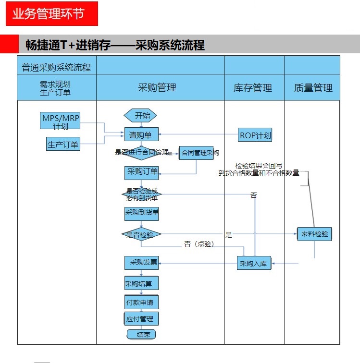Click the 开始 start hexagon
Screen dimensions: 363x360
pos(141,115)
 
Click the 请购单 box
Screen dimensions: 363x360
pos(141,135)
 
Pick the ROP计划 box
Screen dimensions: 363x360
pos(255,135)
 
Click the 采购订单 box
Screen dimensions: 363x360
pos(141,172)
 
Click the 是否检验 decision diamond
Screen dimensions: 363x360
pos(141,234)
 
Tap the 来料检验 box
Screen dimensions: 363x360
pos(314,234)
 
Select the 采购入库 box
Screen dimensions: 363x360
pos(254,263)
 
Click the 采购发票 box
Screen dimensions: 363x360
pos(141,263)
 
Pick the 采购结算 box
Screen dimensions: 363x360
pos(141,283)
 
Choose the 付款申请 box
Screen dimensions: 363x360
pos(141,302)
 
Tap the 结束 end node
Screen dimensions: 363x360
pos(142,334)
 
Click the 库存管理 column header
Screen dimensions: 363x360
pos(254,87)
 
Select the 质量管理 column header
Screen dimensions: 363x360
pos(313,87)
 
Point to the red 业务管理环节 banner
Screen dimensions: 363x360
pos(51,14)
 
